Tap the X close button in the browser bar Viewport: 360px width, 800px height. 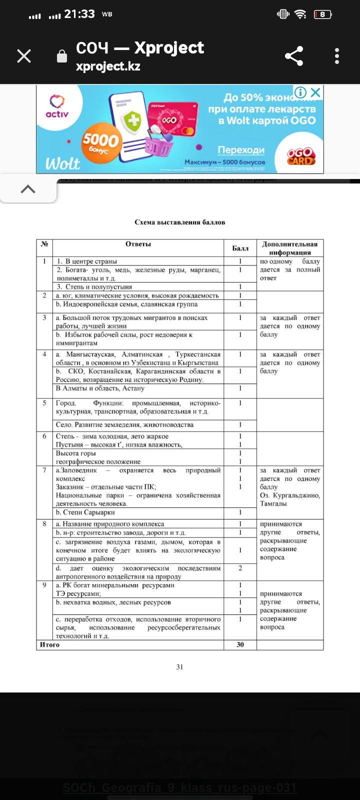coord(24,56)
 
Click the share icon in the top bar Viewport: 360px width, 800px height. coord(294,56)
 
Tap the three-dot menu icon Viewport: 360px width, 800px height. coord(337,56)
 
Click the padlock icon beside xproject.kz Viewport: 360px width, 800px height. coord(62,56)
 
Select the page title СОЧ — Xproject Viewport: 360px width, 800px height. coord(140,48)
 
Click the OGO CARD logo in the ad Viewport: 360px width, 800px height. coord(301,156)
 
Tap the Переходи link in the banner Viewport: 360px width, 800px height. coord(241,150)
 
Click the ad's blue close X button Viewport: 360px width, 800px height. coord(315,92)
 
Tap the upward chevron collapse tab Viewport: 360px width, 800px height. coord(28,189)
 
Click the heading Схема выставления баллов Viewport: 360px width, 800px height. coord(179,222)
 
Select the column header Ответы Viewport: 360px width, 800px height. coord(138,244)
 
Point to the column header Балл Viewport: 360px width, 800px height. coord(240,248)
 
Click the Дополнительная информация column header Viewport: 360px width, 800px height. coord(289,248)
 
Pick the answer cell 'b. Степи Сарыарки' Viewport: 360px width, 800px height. coord(85,512)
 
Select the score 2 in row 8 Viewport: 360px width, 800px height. coord(240,568)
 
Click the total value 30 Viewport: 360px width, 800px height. coord(240,644)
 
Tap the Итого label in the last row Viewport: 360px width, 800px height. coord(49,644)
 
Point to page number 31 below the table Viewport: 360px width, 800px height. coord(179,666)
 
